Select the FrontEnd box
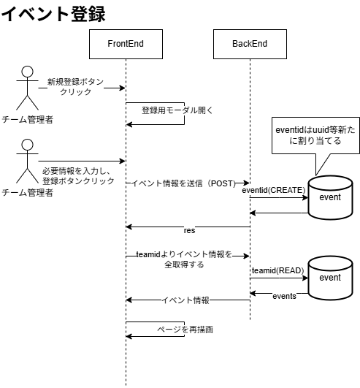point(126,45)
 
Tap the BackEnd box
point(250,45)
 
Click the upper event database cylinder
point(330,197)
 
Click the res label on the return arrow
point(189,229)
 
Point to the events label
point(284,296)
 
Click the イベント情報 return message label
point(185,300)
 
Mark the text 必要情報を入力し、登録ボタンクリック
point(77,176)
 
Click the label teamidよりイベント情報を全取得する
point(183,259)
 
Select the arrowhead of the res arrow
point(129,226)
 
